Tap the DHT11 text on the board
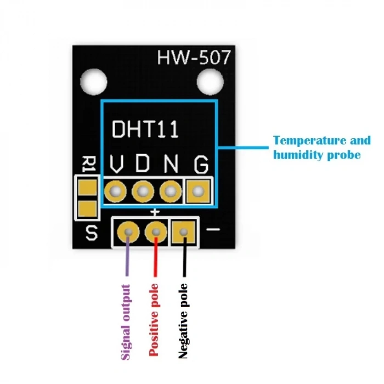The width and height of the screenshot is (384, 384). click(x=145, y=129)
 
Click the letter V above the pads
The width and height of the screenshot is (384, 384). click(x=116, y=163)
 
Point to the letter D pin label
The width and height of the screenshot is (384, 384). click(x=143, y=163)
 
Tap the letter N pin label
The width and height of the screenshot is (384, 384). click(x=171, y=163)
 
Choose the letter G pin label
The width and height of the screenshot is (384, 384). click(x=201, y=163)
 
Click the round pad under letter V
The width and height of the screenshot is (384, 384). click(x=115, y=191)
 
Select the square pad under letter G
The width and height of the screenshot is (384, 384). click(x=199, y=191)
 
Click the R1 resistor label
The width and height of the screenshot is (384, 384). click(x=87, y=165)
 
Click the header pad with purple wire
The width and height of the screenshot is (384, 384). click(x=128, y=231)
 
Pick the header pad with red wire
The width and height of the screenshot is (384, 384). click(x=156, y=231)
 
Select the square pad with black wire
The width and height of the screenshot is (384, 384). click(x=183, y=231)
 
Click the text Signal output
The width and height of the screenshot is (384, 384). click(x=126, y=321)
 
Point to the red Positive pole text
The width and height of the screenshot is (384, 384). click(x=154, y=320)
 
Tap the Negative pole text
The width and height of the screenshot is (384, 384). click(x=183, y=320)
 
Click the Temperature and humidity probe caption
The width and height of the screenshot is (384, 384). click(x=321, y=148)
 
